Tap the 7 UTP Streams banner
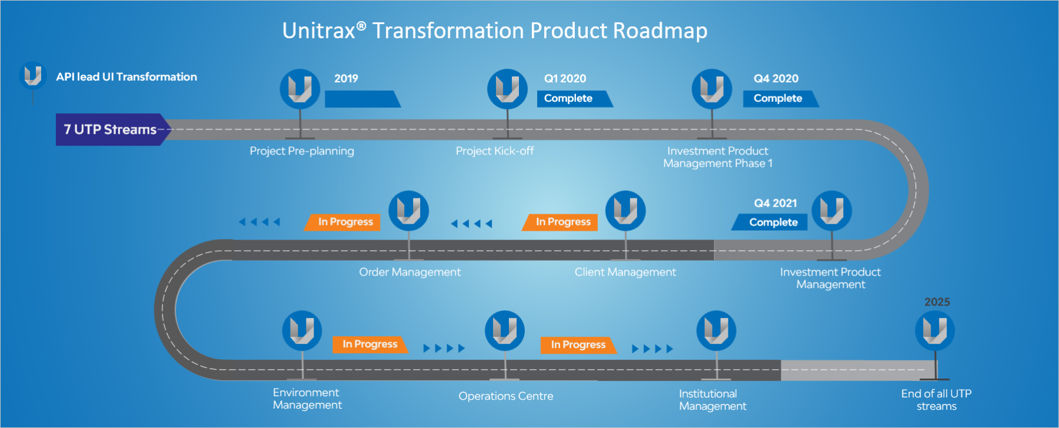[x=111, y=130]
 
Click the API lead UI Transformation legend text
[x=126, y=77]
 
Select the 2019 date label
[x=346, y=79]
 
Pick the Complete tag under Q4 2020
[x=778, y=98]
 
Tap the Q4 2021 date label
[x=775, y=203]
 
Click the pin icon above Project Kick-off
[x=507, y=89]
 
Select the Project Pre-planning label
[x=302, y=151]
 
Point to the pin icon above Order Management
[x=408, y=210]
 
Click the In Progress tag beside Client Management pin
[x=562, y=222]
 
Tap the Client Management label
[x=625, y=272]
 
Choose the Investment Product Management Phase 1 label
[x=718, y=157]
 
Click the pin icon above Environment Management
[x=302, y=330]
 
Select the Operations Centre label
[x=506, y=396]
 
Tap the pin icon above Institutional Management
[x=716, y=330]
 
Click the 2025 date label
[x=937, y=302]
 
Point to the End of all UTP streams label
[x=936, y=400]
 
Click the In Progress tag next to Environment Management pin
[x=369, y=344]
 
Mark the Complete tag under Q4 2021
[x=772, y=223]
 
